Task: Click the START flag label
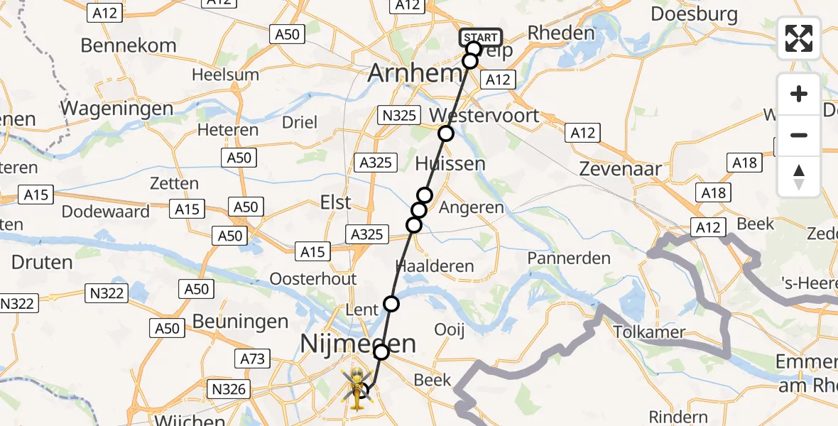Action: pos(481,38)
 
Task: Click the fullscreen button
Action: pos(799,38)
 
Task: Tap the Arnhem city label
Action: pos(415,73)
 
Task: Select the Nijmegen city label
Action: pos(358,344)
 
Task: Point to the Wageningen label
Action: pos(117,109)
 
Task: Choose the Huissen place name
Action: pos(450,164)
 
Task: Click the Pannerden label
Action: pos(569,258)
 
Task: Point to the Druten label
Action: pos(42,262)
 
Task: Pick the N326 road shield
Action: pos(229,388)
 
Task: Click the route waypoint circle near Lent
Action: pos(391,305)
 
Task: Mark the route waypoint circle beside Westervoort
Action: pos(445,133)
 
